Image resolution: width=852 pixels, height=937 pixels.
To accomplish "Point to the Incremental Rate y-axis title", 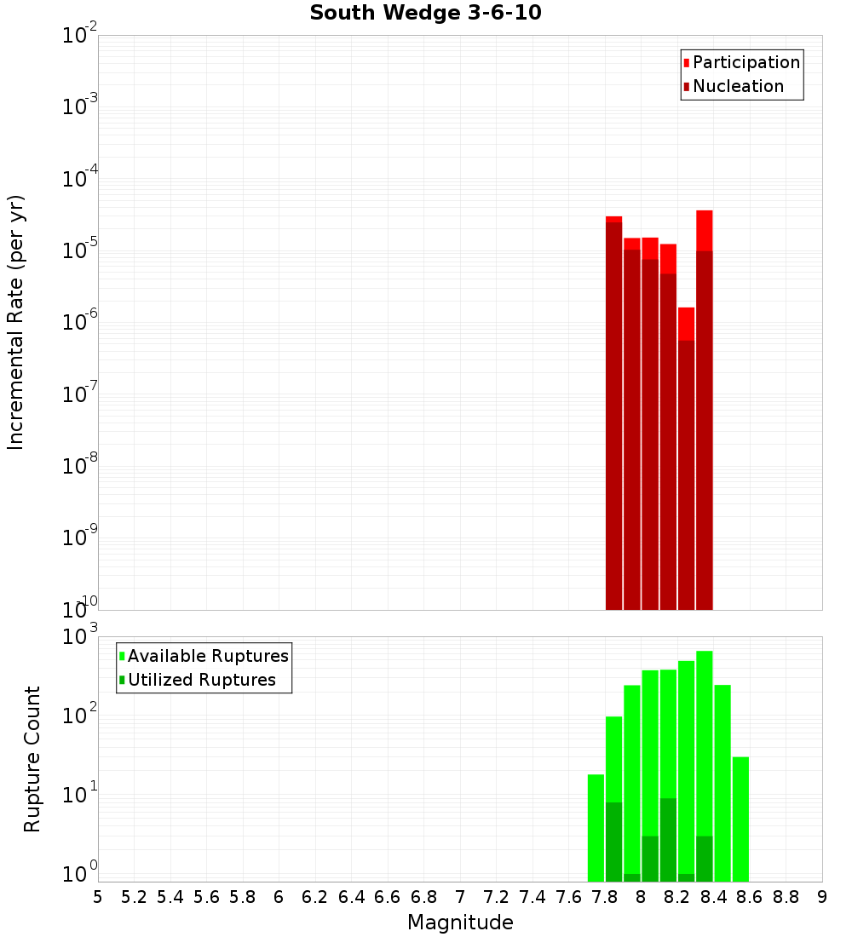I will click(x=16, y=322).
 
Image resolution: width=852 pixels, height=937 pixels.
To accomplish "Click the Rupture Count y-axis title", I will click(x=32, y=759).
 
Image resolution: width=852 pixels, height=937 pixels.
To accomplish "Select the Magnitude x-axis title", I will click(x=460, y=923).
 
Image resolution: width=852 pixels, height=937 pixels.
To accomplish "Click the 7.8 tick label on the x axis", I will click(x=605, y=897).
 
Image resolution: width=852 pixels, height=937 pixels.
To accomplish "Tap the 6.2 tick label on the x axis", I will click(x=315, y=897).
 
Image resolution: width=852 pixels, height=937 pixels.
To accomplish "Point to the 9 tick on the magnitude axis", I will click(x=822, y=897).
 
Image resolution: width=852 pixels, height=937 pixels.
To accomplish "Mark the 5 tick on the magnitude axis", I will click(x=98, y=897).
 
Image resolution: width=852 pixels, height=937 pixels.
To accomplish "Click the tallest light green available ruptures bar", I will click(x=705, y=724).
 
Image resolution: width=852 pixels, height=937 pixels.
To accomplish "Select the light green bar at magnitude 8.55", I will click(x=740, y=818).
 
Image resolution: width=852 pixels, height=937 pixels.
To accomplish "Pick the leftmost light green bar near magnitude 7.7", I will click(x=596, y=826).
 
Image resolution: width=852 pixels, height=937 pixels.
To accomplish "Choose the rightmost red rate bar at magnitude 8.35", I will click(x=705, y=409).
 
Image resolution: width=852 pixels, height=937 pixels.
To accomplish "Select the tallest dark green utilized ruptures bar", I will click(x=668, y=839).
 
